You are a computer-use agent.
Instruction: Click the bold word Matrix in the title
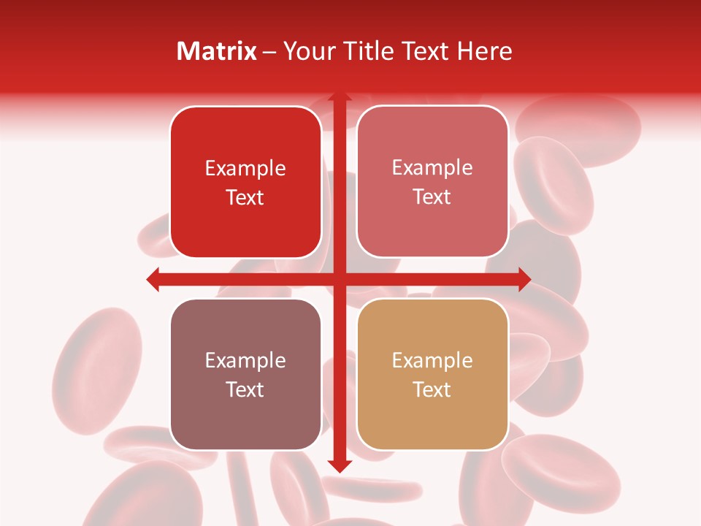tap(217, 51)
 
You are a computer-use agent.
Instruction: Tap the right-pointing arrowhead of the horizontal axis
tap(524, 279)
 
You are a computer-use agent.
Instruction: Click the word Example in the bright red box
tap(245, 169)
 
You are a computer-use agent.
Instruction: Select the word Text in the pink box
tap(432, 197)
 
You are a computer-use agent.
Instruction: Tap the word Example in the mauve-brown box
tap(245, 360)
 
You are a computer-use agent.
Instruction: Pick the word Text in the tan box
tap(432, 389)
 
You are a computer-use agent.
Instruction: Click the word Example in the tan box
tap(432, 360)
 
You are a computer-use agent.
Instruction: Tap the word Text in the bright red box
tap(245, 198)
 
